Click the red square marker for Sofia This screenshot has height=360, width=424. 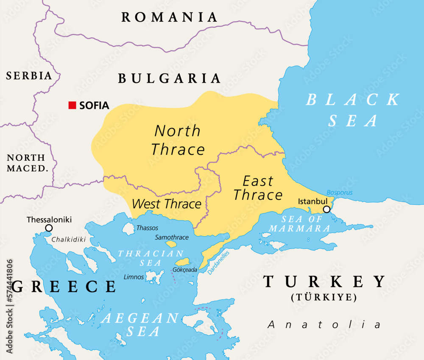pyautogui.click(x=73, y=105)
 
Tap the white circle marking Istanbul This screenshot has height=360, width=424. pyautogui.click(x=326, y=209)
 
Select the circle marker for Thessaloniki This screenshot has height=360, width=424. pyautogui.click(x=49, y=228)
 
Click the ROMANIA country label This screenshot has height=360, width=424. pyautogui.click(x=170, y=17)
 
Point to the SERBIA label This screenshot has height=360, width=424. pyautogui.click(x=29, y=76)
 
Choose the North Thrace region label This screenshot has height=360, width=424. pyautogui.click(x=178, y=140)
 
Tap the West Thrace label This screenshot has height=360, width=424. pyautogui.click(x=166, y=204)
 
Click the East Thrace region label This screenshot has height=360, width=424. pyautogui.click(x=258, y=188)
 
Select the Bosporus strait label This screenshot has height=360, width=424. pyautogui.click(x=339, y=193)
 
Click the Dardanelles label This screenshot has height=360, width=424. pyautogui.click(x=219, y=262)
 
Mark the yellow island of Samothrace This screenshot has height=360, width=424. pyautogui.click(x=171, y=244)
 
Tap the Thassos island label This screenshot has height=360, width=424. pyautogui.click(x=147, y=228)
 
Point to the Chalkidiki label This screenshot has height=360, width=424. pyautogui.click(x=69, y=240)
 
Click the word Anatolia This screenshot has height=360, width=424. pyautogui.click(x=324, y=325)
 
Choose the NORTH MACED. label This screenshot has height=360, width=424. pyautogui.click(x=26, y=163)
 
